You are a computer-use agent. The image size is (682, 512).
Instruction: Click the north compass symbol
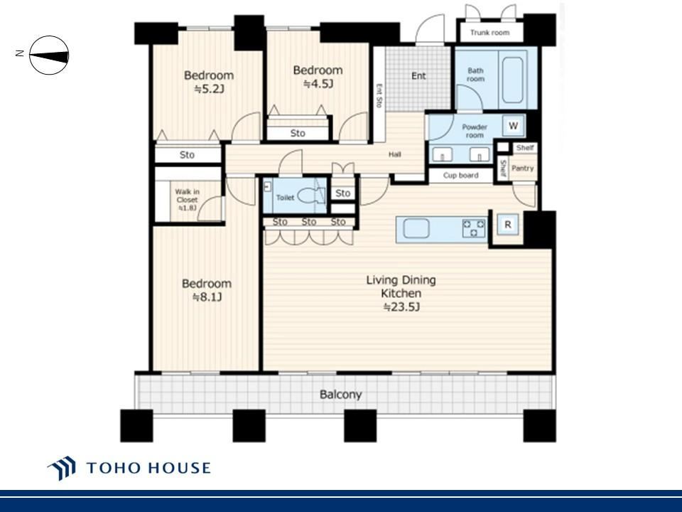[x=49, y=55]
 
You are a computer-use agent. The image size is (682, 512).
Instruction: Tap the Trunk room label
[x=489, y=32]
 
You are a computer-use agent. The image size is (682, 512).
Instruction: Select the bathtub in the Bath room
[x=512, y=80]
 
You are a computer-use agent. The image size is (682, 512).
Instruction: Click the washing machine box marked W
[x=513, y=126]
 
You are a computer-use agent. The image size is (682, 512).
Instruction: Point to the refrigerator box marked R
[x=507, y=225]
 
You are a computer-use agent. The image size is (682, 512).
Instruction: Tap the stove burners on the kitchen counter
[x=474, y=228]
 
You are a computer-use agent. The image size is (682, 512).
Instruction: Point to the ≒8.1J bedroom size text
[x=207, y=297]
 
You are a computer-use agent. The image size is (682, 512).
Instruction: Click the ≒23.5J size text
[x=401, y=307]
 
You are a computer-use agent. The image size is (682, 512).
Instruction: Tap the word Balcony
[x=340, y=395]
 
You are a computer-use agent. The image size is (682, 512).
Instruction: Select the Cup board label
[x=460, y=176]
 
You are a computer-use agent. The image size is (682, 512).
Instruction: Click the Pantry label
[x=522, y=168]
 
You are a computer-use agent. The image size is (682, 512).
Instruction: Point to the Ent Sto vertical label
[x=379, y=95]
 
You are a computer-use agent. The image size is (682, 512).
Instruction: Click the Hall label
[x=394, y=154]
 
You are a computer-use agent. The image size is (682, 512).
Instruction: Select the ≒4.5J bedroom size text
[x=318, y=84]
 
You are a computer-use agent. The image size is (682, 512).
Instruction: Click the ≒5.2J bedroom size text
[x=209, y=90]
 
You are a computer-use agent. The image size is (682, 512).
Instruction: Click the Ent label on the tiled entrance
[x=418, y=76]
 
